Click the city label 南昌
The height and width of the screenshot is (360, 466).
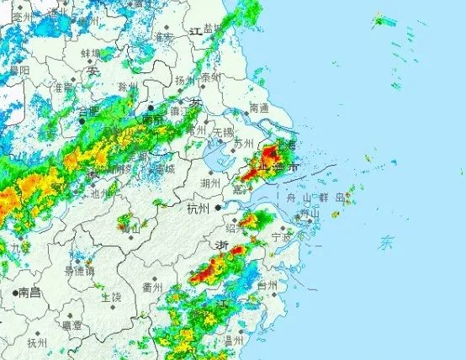30,293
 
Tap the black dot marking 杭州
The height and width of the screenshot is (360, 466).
218,207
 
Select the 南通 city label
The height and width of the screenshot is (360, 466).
259,109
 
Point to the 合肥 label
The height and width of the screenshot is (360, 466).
88,111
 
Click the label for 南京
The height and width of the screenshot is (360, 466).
152,119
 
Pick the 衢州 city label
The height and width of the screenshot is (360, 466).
152,287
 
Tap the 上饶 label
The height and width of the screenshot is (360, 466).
111,298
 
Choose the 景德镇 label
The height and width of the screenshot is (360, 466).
80,271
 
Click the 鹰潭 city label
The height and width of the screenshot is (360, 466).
72,325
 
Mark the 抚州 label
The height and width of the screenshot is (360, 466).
37,342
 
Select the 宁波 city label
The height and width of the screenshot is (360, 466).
282,238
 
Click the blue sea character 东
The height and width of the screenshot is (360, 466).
386,244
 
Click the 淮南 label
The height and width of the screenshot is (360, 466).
62,87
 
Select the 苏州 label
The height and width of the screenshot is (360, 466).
243,144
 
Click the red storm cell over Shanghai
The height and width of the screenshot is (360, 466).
271,155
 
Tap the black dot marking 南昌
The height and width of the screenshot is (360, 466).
14,293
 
